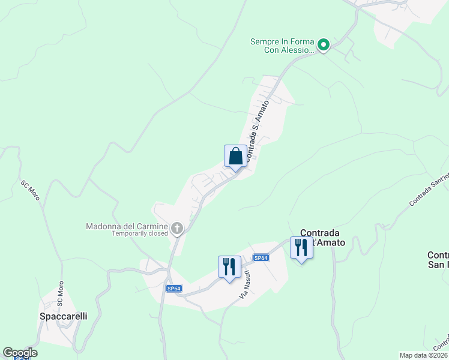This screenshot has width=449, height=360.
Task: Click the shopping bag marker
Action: point(236,157)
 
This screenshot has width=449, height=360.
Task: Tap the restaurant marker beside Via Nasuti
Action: point(229,266)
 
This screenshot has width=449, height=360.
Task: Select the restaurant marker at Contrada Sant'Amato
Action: point(301,248)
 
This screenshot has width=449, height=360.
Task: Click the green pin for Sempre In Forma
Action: point(323,44)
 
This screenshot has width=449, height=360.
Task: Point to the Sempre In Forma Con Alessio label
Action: point(282,46)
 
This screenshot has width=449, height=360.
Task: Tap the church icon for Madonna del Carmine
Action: point(177,227)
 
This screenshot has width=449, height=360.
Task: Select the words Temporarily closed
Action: point(140,234)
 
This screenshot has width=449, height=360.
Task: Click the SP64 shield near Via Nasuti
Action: point(261,258)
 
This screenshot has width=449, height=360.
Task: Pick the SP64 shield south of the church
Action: point(174,289)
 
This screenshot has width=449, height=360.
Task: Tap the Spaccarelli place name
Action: point(63,316)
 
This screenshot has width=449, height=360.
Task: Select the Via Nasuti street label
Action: point(245,284)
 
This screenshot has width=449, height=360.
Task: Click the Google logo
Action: point(20,353)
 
